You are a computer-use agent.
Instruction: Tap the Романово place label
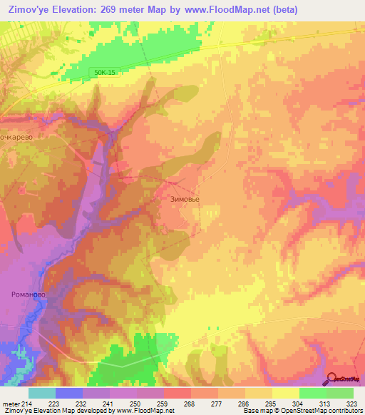(29, 293)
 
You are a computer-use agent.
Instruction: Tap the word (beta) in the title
(281, 9)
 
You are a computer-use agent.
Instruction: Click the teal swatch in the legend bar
(42, 393)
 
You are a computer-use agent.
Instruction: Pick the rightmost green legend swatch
(340, 393)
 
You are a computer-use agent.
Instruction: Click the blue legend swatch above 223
(69, 393)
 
